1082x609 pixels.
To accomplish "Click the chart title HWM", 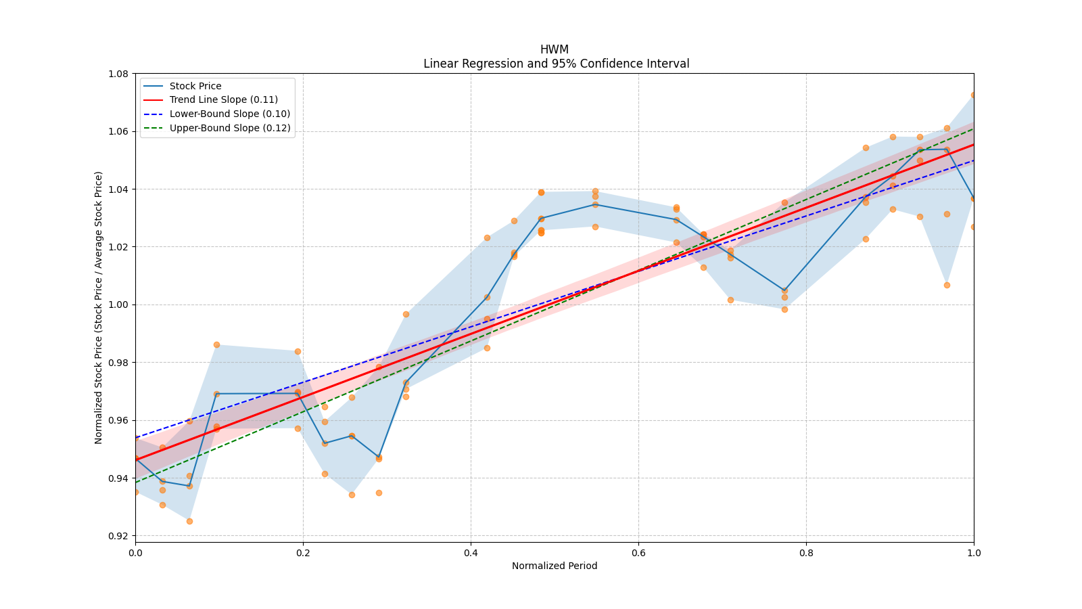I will point(554,49).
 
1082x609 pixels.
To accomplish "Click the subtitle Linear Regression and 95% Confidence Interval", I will point(556,64).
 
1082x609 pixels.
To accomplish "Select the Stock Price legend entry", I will point(195,86).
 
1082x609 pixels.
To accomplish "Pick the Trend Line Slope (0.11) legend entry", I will point(223,99).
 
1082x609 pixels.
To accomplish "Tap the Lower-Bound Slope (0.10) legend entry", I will point(229,114).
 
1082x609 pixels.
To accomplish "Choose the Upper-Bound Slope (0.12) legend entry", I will point(230,128).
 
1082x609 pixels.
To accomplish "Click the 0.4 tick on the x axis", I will point(471,553).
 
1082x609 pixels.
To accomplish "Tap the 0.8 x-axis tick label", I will point(806,553).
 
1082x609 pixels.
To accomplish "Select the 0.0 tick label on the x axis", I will point(135,553).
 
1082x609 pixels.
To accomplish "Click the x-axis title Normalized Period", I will point(555,566).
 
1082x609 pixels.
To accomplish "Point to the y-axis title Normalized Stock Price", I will point(99,307).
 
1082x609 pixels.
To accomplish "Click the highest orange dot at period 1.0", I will point(974,95).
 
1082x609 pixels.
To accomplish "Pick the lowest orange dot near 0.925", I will point(189,521).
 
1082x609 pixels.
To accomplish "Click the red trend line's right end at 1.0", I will point(973,144).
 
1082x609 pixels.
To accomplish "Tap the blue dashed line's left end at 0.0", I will point(136,437).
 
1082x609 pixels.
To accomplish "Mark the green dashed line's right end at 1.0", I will point(973,129).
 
